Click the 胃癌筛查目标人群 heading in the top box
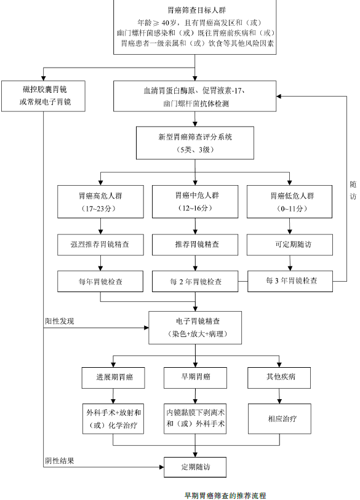coord(196,10)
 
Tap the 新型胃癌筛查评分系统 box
coord(196,143)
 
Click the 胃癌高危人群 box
coord(102,202)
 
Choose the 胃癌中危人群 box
coord(196,202)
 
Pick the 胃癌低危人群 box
coord(291,202)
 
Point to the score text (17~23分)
coord(102,209)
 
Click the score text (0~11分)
coord(291,209)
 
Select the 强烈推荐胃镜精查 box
coord(102,244)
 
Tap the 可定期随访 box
coord(291,244)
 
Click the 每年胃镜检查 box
coord(102,281)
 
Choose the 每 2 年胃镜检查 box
coord(196,282)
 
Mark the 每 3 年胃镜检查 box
coord(291,280)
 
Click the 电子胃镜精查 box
coord(196,327)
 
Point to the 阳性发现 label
coord(60,321)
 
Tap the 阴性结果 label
coord(60,461)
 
